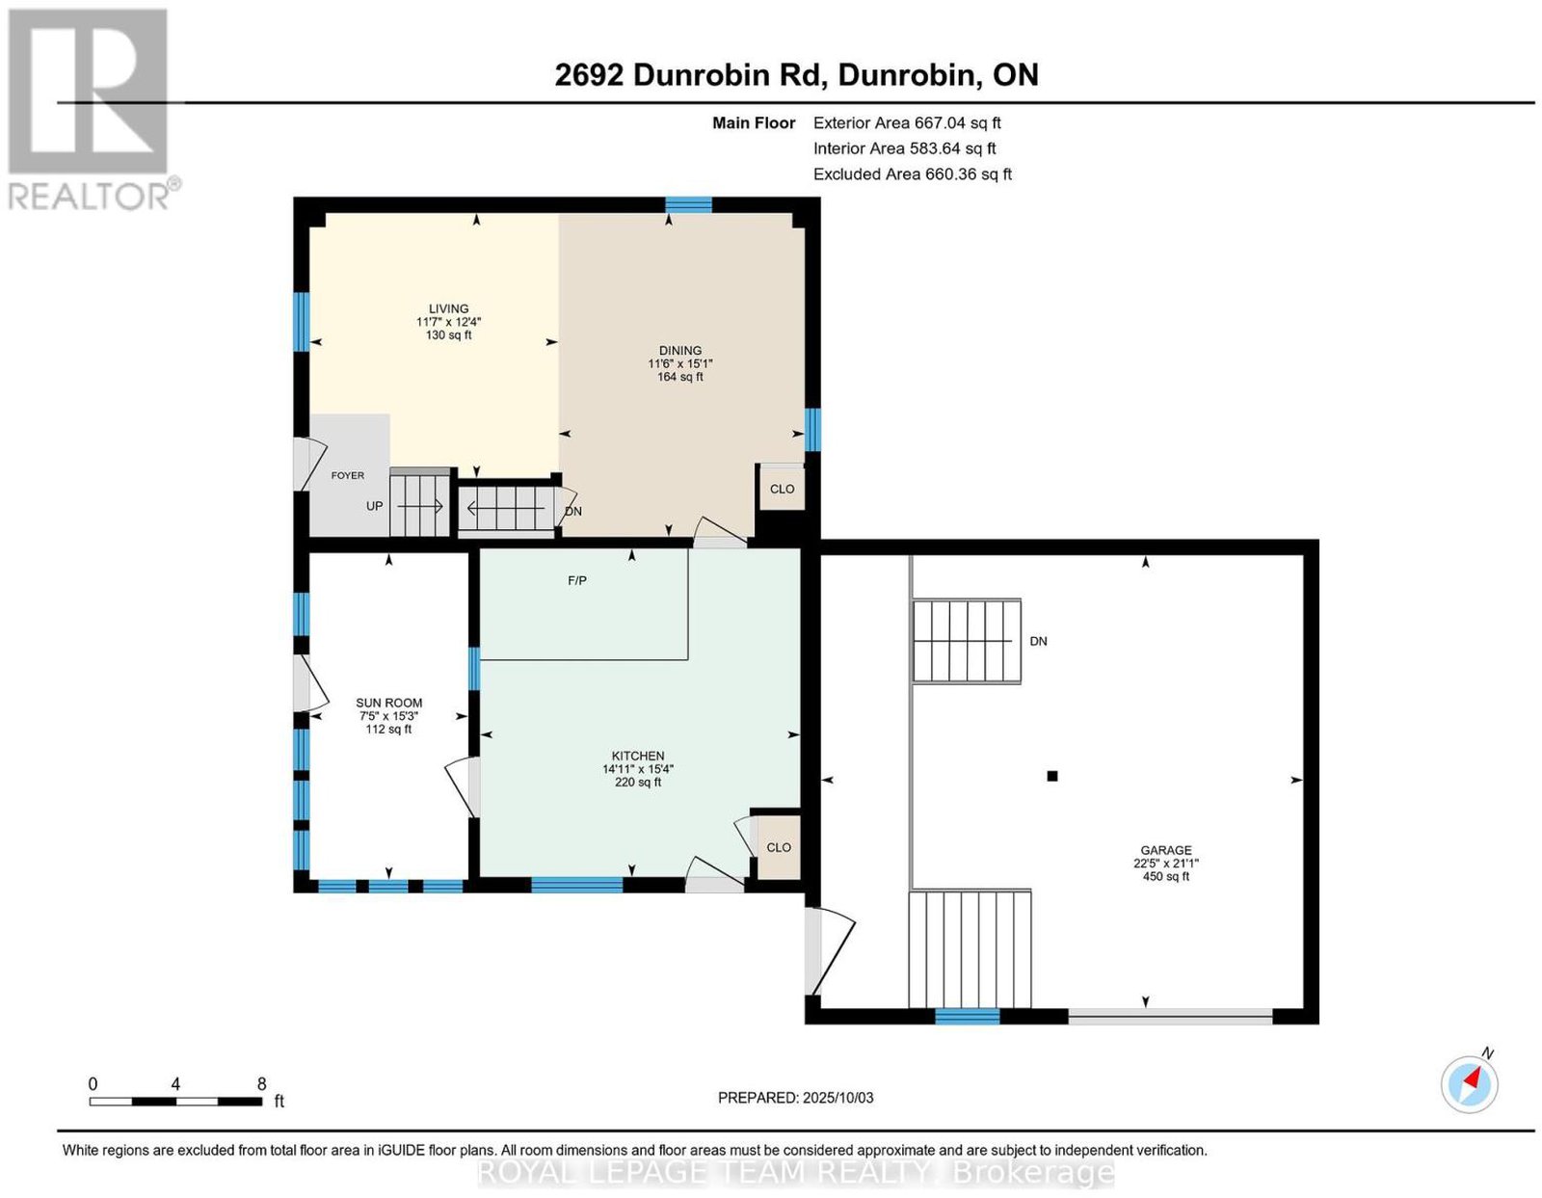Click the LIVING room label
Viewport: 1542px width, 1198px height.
448,308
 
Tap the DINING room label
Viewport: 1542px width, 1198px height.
679,351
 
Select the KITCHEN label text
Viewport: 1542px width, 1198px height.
638,757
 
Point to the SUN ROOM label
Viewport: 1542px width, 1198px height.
388,703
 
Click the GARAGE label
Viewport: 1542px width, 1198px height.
1166,850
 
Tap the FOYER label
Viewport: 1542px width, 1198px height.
348,476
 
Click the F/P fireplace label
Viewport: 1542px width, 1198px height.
577,581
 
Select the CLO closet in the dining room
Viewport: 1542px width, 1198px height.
782,490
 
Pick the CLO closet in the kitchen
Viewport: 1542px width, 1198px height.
779,847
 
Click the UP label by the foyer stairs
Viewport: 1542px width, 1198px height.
374,506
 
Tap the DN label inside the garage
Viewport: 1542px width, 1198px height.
1038,641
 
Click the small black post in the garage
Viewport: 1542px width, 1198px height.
1052,776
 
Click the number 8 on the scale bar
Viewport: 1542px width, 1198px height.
262,1083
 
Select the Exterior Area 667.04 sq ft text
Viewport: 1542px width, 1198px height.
907,122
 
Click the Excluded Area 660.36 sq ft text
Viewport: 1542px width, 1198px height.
913,173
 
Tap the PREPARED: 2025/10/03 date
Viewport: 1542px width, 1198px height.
795,1098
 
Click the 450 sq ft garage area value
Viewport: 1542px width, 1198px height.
1166,876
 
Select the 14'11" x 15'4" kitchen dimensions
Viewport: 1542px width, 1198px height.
638,769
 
